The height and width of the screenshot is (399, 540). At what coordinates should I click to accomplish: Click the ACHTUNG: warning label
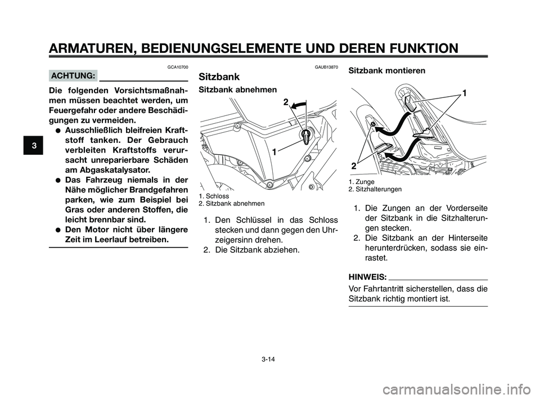click(73, 75)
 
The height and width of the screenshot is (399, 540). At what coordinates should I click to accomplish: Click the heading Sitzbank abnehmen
click(238, 90)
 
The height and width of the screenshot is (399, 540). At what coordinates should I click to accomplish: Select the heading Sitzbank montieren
click(388, 71)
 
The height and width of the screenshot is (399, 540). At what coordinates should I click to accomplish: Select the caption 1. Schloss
click(214, 196)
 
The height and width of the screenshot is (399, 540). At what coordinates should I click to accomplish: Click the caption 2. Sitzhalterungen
click(375, 190)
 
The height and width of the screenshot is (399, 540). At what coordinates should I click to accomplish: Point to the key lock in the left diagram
click(307, 136)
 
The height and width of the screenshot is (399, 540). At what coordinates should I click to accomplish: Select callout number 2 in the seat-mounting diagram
click(354, 166)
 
